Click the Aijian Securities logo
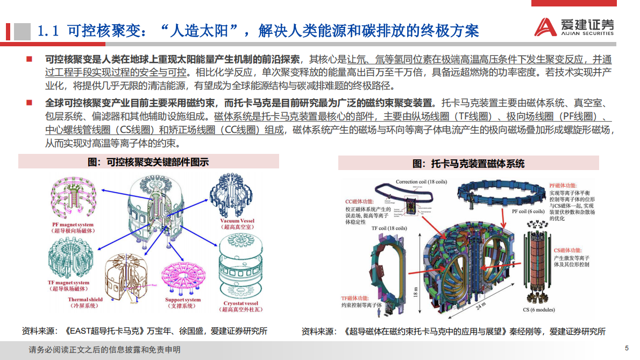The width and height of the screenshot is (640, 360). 574,27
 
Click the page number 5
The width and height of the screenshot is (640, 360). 626,348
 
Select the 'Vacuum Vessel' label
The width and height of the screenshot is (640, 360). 237,221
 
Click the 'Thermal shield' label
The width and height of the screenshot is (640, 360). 85,300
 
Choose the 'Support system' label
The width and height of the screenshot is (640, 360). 183,300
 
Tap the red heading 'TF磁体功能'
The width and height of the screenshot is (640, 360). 355,298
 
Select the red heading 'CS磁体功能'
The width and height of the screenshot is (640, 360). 568,250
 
